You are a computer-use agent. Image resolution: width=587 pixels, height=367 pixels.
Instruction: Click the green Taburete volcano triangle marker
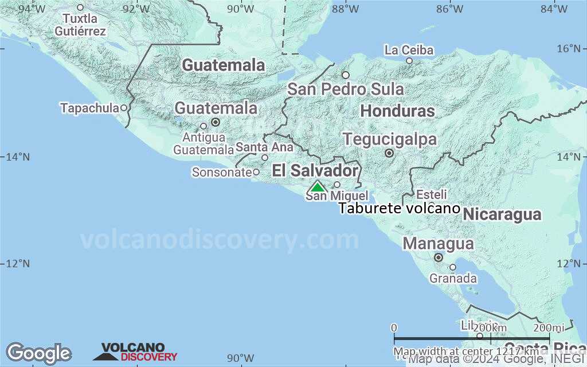click(x=317, y=186)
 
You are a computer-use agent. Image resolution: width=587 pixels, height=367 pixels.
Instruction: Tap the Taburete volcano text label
click(x=399, y=208)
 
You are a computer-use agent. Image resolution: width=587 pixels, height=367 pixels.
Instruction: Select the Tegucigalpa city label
click(x=390, y=139)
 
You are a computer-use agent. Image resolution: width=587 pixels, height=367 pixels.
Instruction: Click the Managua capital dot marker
click(x=439, y=257)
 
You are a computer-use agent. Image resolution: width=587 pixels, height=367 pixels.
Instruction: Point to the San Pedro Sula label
click(x=345, y=89)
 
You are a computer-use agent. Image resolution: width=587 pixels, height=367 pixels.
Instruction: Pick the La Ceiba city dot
click(x=409, y=61)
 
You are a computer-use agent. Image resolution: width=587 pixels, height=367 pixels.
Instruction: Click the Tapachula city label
click(x=89, y=108)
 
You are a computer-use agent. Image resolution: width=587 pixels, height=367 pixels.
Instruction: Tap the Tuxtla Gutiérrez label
click(x=80, y=25)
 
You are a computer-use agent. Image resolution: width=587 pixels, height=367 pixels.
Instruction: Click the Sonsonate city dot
click(x=256, y=172)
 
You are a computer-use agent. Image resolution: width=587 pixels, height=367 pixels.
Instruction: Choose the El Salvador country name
click(x=315, y=170)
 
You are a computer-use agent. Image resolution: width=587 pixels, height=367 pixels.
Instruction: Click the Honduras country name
click(x=398, y=111)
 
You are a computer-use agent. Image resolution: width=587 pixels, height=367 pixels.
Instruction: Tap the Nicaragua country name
click(x=502, y=214)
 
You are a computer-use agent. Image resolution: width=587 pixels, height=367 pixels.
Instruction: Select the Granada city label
click(x=453, y=279)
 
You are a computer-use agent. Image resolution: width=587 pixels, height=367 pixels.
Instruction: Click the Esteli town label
click(x=431, y=194)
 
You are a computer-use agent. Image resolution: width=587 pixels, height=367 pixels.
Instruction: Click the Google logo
click(x=38, y=353)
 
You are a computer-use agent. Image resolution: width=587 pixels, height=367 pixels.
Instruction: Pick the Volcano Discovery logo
click(x=135, y=352)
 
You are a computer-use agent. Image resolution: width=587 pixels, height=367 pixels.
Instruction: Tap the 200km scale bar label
click(x=491, y=327)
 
